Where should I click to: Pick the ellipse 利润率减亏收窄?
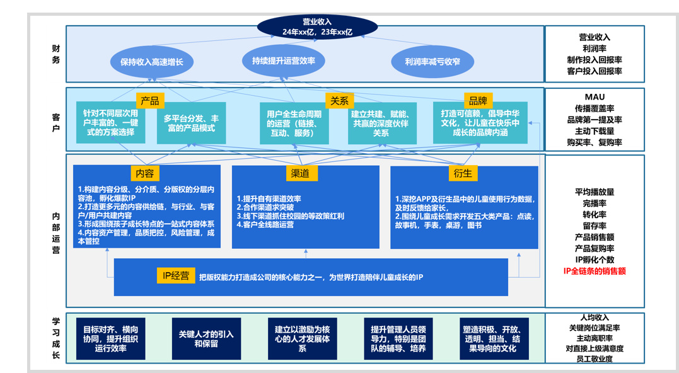click(x=432, y=62)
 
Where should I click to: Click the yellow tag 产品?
click(x=150, y=101)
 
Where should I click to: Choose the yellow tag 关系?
click(x=339, y=101)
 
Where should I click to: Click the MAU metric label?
click(x=595, y=96)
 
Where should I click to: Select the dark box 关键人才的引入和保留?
click(x=206, y=339)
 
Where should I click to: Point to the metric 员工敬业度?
click(x=595, y=359)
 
